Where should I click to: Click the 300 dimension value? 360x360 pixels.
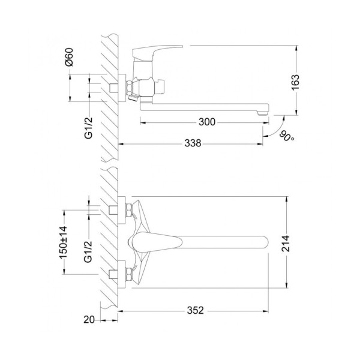coord(207,122)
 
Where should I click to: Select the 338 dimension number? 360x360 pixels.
coord(193,143)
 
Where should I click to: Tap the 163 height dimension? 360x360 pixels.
coord(296,82)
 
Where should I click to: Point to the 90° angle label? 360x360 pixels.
coord(287,136)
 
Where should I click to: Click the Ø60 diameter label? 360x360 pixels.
coord(69,57)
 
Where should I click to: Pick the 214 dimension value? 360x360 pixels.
coord(286,244)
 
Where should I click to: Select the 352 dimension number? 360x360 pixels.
coord(196,310)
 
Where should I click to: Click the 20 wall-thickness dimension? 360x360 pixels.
coord(89,320)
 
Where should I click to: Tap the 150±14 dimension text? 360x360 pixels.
coord(64,242)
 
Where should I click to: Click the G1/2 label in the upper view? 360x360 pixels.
coord(88,128)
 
